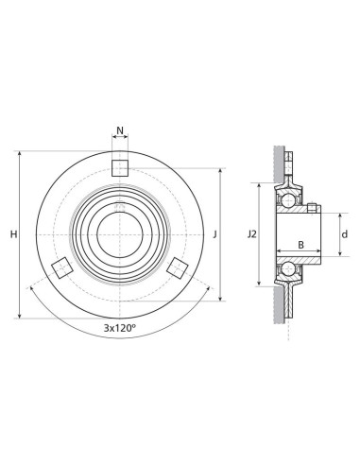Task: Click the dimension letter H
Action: (x=12, y=233)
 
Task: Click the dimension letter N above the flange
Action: (x=119, y=131)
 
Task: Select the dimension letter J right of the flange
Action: (x=215, y=233)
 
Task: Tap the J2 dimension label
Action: (x=250, y=233)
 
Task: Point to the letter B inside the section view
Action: (x=300, y=244)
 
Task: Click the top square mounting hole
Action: (x=119, y=168)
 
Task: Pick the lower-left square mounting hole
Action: (x=60, y=267)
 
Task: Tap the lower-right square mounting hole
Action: (x=177, y=268)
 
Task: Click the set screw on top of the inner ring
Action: (x=311, y=206)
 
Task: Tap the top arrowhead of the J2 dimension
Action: (x=259, y=185)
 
